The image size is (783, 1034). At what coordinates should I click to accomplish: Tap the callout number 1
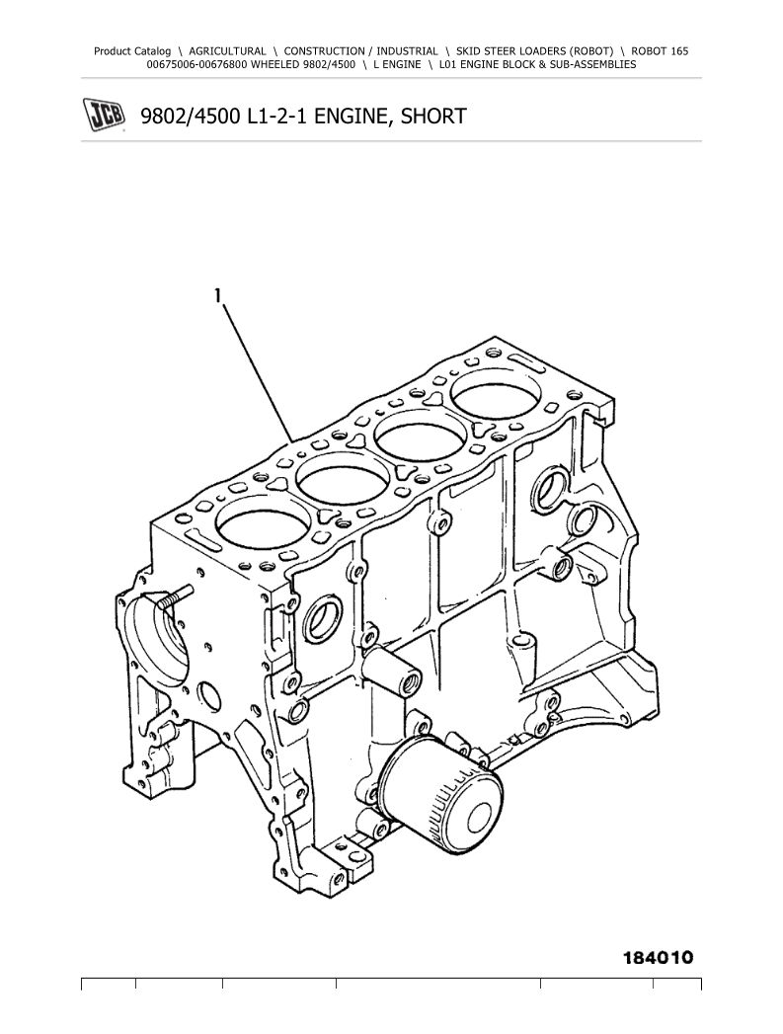pyautogui.click(x=217, y=295)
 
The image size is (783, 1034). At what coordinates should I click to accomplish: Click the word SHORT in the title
pyautogui.click(x=433, y=117)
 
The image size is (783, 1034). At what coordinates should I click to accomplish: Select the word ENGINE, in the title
pyautogui.click(x=347, y=117)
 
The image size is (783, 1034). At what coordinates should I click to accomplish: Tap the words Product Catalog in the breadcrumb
pyautogui.click(x=132, y=50)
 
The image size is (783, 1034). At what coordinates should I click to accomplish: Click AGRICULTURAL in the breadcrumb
pyautogui.click(x=227, y=50)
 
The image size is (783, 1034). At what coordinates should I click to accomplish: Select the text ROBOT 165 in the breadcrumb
pyautogui.click(x=660, y=50)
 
